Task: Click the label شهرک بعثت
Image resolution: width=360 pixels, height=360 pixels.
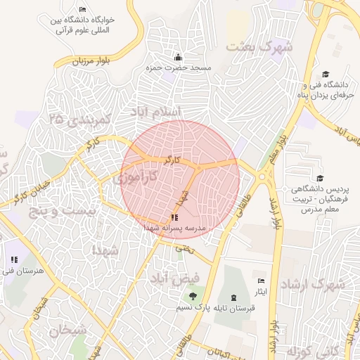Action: click(x=259, y=47)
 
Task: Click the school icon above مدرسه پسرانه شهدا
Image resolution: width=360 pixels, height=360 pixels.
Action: click(x=174, y=217)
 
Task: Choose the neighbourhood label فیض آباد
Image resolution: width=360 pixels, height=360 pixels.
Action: click(x=174, y=277)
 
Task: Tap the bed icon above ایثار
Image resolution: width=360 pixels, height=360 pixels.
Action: click(x=262, y=281)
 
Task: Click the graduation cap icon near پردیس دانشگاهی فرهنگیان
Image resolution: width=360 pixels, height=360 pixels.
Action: click(x=320, y=179)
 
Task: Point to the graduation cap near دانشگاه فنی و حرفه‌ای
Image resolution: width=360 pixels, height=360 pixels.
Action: click(x=325, y=74)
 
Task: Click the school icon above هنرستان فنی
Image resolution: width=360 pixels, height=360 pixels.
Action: click(x=14, y=260)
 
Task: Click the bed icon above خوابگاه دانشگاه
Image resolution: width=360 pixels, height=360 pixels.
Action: click(x=83, y=10)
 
